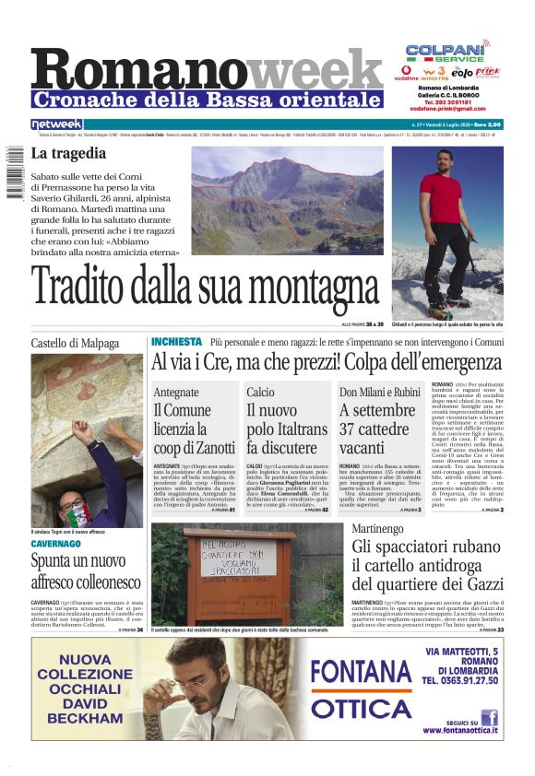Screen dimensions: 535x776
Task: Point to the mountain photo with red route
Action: tap(286, 200)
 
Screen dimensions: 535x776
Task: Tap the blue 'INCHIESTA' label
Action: tap(175, 342)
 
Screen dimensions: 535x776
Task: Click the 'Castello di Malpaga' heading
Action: tap(75, 343)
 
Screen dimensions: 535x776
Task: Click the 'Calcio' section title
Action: tap(260, 393)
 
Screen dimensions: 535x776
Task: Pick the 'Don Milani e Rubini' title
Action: tap(378, 393)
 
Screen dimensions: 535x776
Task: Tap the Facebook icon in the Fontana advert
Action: tap(489, 717)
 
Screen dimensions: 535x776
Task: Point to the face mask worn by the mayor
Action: tap(77, 511)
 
